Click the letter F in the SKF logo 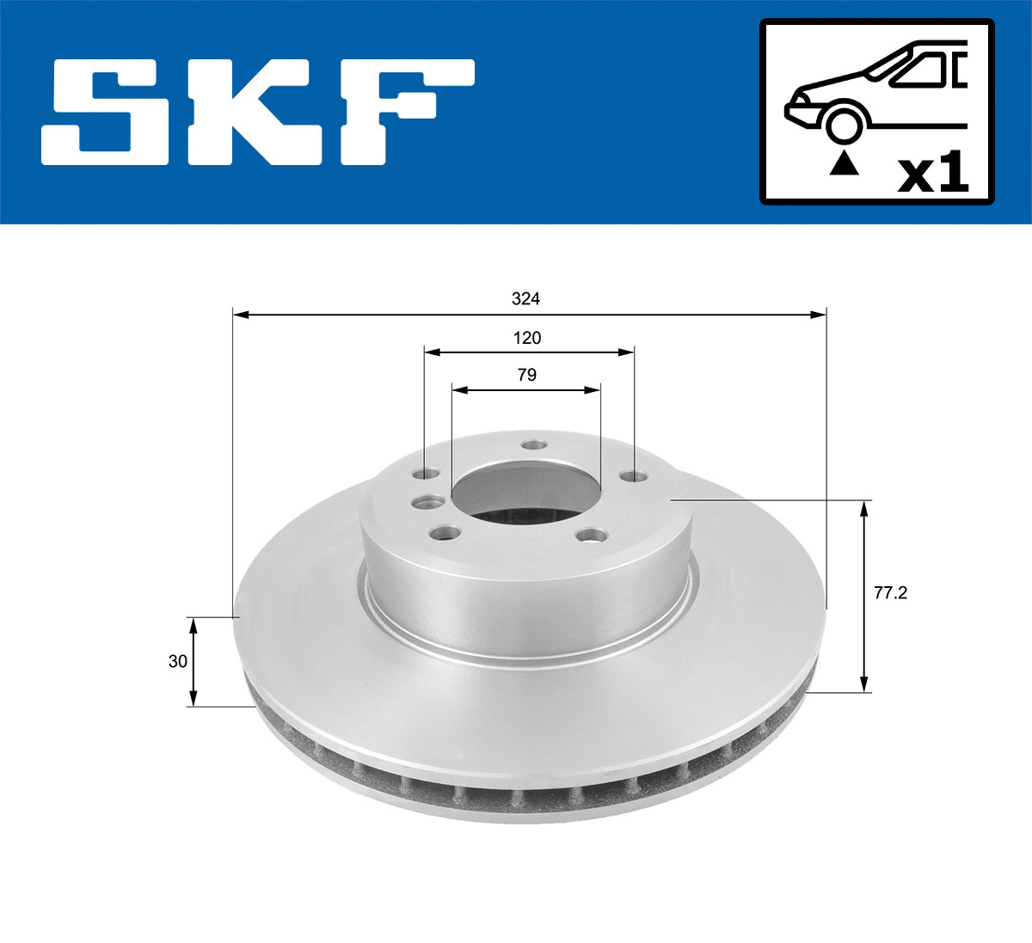[404, 112]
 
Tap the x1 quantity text [932, 175]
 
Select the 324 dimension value [525, 299]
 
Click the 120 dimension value [527, 338]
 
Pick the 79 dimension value [526, 375]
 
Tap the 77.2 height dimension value [891, 593]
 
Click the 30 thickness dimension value [178, 661]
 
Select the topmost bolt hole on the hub [535, 446]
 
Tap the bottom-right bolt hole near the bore [590, 536]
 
